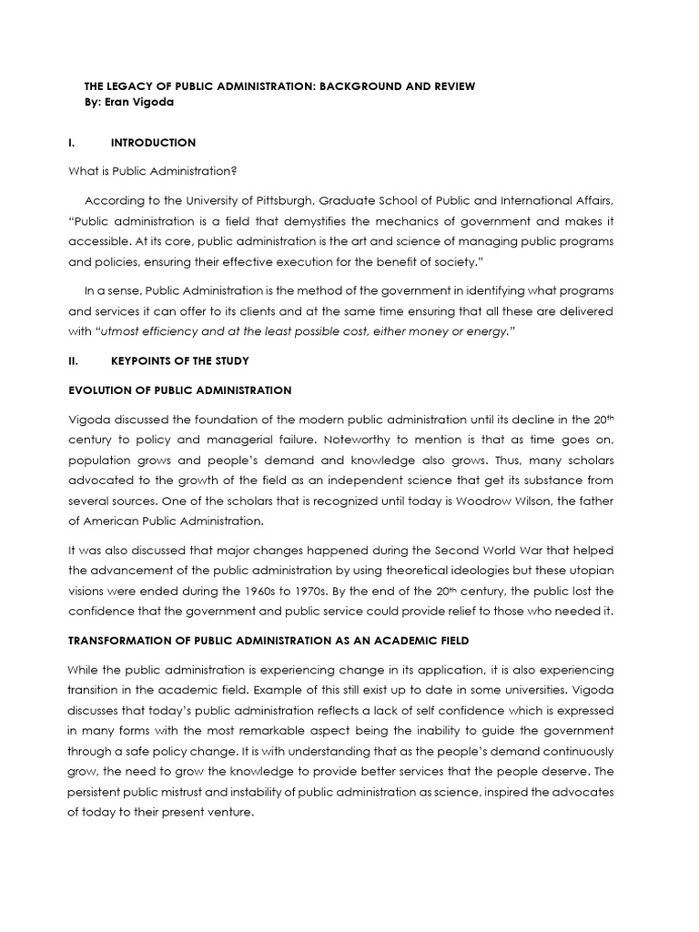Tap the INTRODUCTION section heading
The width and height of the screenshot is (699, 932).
pyautogui.click(x=152, y=143)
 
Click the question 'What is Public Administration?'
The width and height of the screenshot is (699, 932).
pyautogui.click(x=146, y=172)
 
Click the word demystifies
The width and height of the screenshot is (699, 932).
pyautogui.click(x=311, y=221)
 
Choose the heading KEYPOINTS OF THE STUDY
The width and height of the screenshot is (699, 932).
pyautogui.click(x=179, y=361)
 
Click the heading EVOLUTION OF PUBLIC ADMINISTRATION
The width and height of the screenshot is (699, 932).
pyautogui.click(x=180, y=390)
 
